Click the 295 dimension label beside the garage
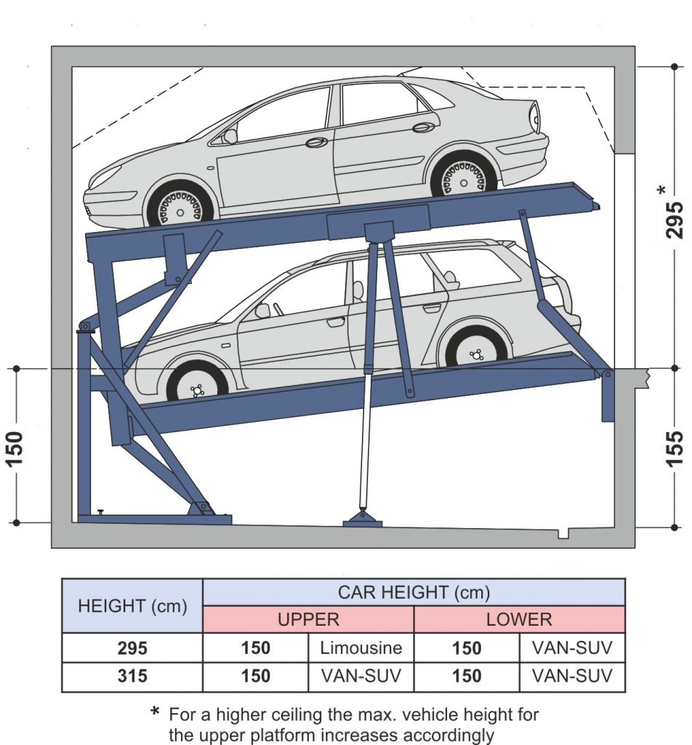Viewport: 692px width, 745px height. pos(675,219)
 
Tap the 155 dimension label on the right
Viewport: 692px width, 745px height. pos(675,448)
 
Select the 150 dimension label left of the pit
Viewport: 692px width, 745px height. pos(16,448)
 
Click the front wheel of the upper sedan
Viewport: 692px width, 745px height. pos(180,206)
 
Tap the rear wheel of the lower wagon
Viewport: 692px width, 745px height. pos(476,350)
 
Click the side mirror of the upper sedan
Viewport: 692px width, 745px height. pos(230,135)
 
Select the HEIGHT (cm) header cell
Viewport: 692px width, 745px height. pos(132,605)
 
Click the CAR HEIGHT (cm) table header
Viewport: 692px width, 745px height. pos(414,592)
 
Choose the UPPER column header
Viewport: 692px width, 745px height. pos(308,620)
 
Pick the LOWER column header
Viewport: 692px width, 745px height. pos(519,620)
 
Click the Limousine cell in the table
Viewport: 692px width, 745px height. pos(361,648)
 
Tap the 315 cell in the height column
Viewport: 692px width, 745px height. pos(132,677)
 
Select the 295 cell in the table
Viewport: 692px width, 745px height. pos(132,648)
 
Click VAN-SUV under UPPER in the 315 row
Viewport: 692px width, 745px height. pos(361,677)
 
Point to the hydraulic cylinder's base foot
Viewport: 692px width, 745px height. pos(362,519)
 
